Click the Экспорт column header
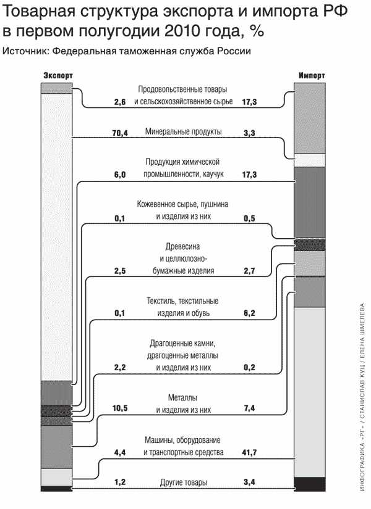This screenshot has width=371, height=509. coord(58,76)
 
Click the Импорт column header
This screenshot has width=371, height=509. coord(312,76)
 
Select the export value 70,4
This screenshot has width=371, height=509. coord(120,133)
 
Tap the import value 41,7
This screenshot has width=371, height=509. coord(249,452)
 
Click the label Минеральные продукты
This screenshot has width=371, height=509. coord(183,132)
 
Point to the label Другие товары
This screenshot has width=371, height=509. coord(183,482)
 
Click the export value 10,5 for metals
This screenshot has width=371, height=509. coord(120,408)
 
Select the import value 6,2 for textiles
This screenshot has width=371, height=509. coord(249,313)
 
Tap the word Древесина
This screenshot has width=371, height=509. coord(182,247)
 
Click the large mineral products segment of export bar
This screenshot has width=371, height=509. coord(56,237)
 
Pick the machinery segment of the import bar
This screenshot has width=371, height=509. coord(310,392)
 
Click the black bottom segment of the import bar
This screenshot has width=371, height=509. coord(310,484)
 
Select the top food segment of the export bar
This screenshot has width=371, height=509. coord(56,88)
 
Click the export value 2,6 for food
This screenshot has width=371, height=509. coord(120,102)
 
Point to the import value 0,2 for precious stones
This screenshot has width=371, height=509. coord(249,368)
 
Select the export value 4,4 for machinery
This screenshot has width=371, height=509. coord(120,452)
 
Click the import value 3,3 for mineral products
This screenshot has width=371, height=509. coord(249,133)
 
